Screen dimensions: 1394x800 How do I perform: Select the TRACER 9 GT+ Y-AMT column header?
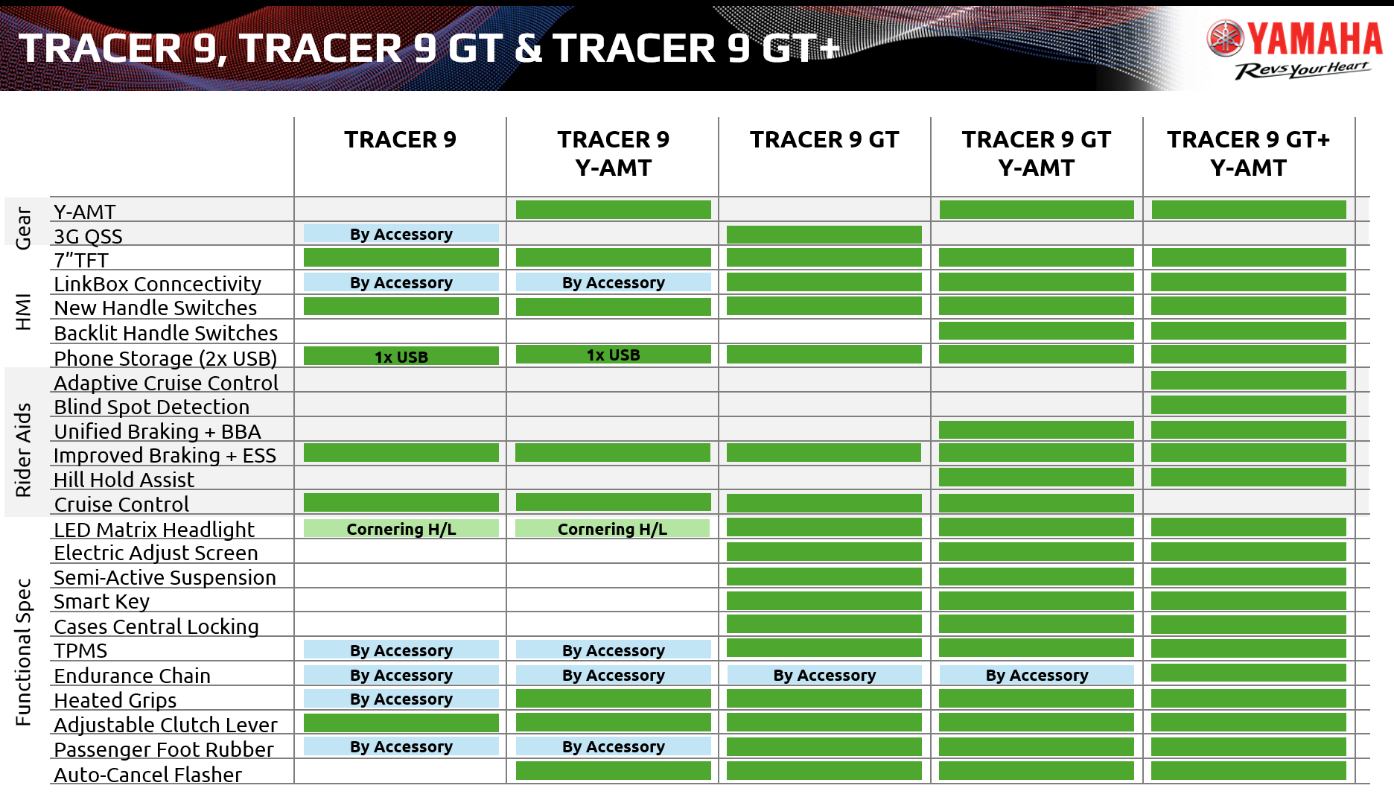click(x=1249, y=153)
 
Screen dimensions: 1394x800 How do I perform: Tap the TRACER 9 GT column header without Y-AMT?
click(x=824, y=139)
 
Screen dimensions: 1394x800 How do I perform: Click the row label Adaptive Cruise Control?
click(x=166, y=383)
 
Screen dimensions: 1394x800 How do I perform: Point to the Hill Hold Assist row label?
click(x=124, y=480)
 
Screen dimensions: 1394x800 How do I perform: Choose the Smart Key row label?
click(x=101, y=602)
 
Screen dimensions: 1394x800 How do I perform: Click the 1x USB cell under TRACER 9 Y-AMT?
click(x=614, y=355)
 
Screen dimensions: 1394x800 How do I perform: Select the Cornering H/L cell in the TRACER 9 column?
click(x=401, y=529)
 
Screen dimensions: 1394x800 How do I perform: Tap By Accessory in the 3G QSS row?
click(x=401, y=234)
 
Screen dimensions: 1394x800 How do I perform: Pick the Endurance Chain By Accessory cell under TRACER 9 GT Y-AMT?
click(x=1037, y=675)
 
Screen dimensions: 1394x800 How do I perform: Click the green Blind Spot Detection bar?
click(x=1249, y=405)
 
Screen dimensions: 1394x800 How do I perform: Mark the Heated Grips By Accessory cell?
click(x=401, y=699)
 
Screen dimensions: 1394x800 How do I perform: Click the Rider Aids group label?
click(x=23, y=450)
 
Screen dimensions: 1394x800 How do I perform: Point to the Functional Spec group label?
click(x=23, y=653)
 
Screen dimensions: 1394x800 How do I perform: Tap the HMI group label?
click(x=23, y=312)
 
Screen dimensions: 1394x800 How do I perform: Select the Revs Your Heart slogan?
click(x=1302, y=70)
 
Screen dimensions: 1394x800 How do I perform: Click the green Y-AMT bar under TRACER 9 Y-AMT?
click(x=614, y=210)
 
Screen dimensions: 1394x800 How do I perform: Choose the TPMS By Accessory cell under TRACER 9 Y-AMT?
click(x=614, y=650)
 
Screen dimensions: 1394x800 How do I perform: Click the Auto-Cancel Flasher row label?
click(x=147, y=775)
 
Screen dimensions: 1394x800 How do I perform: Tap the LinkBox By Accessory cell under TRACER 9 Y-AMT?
click(x=614, y=282)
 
